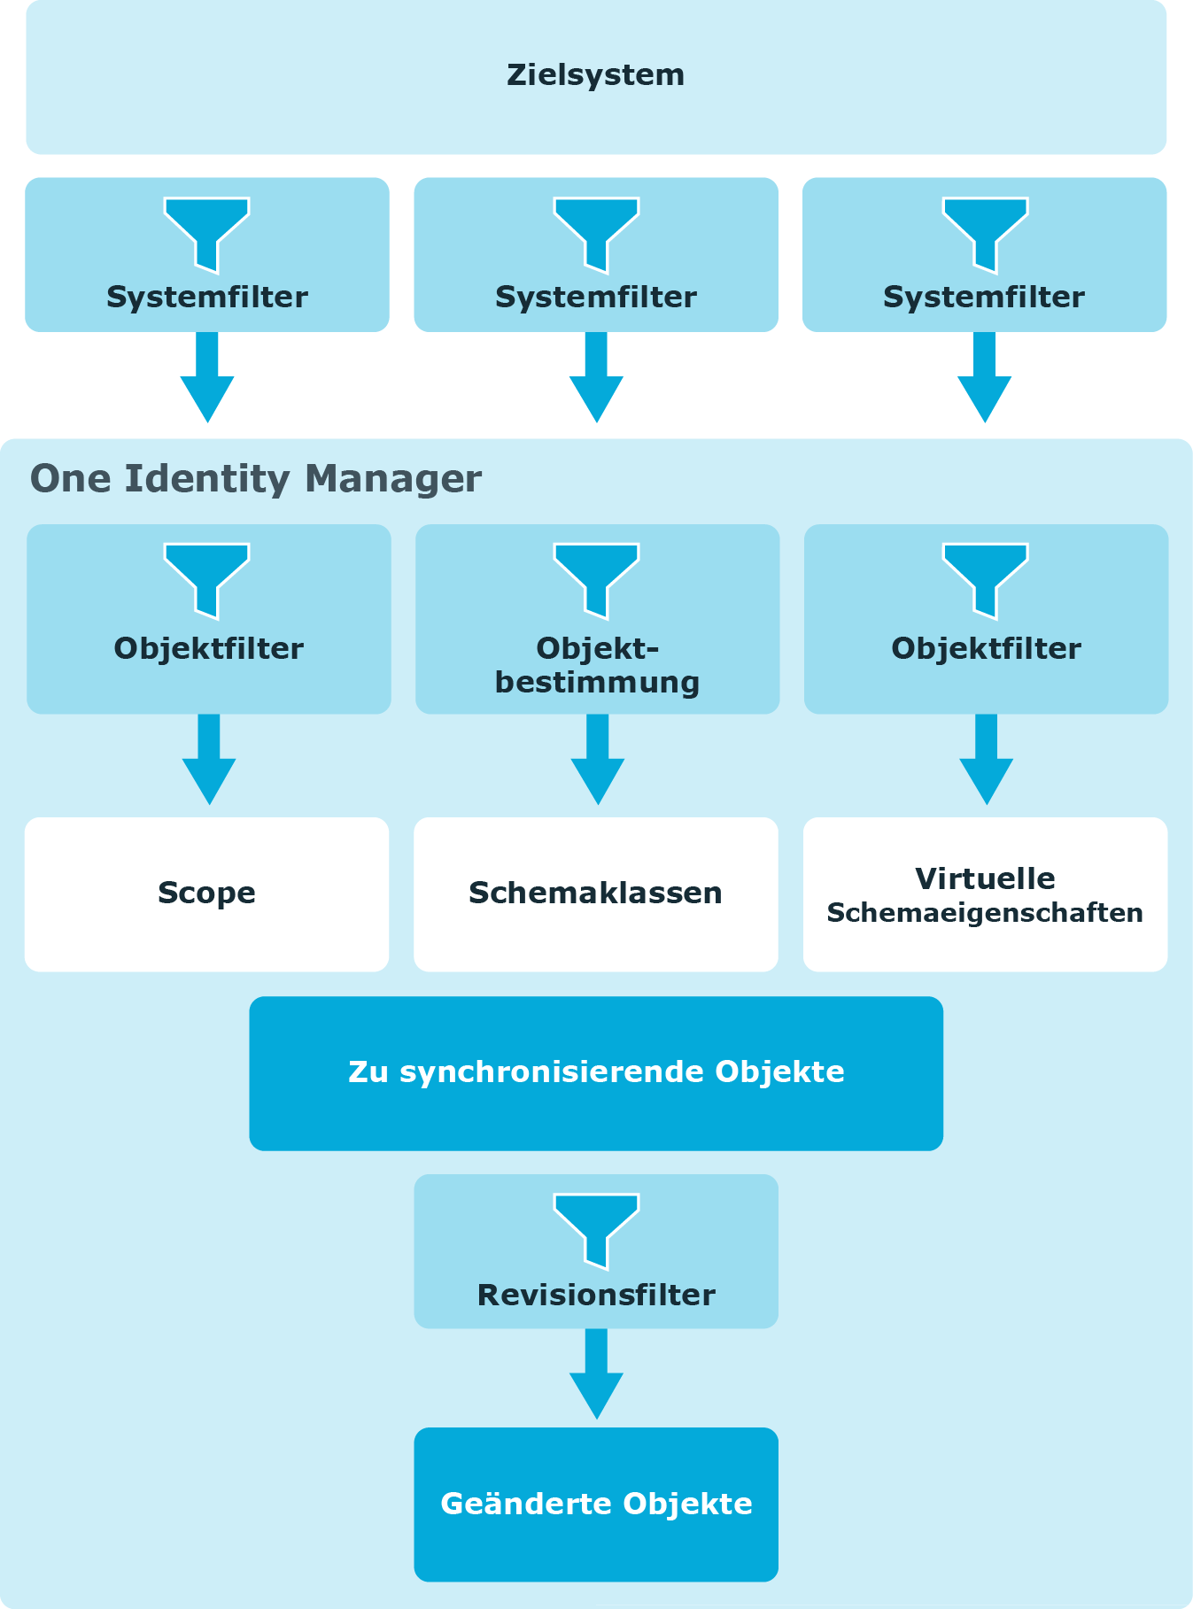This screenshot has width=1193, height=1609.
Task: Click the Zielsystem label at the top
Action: [x=595, y=75]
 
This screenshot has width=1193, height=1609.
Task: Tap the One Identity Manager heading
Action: [x=256, y=479]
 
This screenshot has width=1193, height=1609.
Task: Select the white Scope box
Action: [x=206, y=894]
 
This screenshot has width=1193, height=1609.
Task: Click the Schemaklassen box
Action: [x=596, y=894]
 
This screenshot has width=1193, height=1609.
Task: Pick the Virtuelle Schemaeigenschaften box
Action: [x=985, y=894]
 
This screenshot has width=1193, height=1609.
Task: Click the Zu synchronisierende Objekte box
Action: [x=596, y=1073]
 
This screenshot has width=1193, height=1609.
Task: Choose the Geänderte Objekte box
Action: [x=596, y=1505]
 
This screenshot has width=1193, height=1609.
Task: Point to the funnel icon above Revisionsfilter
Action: [x=596, y=1231]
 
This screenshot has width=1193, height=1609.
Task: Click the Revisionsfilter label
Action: [x=596, y=1296]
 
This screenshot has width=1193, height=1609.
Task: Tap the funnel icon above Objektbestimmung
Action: [x=596, y=581]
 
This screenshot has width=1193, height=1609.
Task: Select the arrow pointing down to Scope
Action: [x=209, y=760]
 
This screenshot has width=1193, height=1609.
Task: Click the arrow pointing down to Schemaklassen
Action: [x=598, y=760]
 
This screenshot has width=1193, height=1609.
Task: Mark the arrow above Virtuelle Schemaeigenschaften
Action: [x=986, y=760]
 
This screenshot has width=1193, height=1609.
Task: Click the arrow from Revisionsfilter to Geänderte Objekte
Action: [x=596, y=1374]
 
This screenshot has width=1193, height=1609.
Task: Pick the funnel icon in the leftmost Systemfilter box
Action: [x=207, y=235]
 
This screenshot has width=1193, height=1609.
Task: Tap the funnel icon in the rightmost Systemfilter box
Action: [x=985, y=235]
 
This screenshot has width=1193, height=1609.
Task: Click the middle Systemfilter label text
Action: [x=596, y=298]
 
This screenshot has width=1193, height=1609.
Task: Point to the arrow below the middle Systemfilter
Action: [x=596, y=377]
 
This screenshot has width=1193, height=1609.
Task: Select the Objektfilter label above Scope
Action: [x=209, y=649]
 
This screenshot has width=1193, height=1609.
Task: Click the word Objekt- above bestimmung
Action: [x=598, y=649]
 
